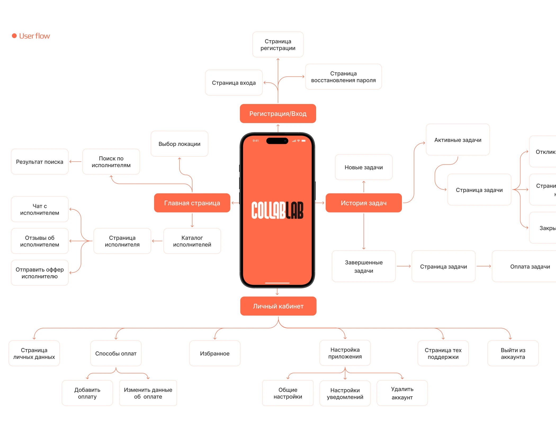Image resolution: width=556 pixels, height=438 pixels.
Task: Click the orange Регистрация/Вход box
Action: point(278,114)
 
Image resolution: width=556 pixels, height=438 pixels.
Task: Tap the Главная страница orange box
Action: point(192,203)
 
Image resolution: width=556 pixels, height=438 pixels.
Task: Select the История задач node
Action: point(364,203)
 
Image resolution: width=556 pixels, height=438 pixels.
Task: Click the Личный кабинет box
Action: point(278,306)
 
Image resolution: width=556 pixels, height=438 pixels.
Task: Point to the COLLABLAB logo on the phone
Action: point(277,210)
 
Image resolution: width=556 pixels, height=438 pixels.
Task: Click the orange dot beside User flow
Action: point(14,36)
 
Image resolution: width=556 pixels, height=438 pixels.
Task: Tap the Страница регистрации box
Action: point(278,45)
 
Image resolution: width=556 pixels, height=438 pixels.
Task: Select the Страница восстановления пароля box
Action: point(343,77)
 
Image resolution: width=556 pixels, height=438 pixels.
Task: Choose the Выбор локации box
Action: point(179,144)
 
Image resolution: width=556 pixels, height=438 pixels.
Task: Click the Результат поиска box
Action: point(39,162)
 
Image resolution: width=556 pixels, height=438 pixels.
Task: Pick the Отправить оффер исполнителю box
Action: point(39,273)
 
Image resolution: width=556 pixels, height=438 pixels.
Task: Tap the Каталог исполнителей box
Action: point(192,241)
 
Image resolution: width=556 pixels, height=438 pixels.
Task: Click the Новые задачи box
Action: point(364,167)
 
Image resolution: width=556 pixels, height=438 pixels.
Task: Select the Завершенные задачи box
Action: point(364,267)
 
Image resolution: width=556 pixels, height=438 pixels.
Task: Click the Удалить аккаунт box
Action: point(402,393)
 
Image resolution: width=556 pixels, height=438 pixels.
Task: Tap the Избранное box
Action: point(214,354)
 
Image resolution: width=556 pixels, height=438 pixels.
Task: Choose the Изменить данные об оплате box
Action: point(148,393)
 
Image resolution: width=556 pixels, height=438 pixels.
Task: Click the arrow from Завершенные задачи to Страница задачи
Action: point(403,266)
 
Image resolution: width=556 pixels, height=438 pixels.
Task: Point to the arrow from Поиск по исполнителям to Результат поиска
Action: point(75,161)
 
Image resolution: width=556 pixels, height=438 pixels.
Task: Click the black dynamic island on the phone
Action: point(277,141)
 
